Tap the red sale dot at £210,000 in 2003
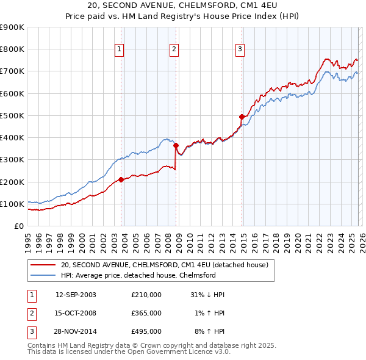point(121,179)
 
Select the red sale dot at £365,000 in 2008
point(176,146)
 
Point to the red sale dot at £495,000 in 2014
point(242,117)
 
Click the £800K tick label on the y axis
point(12,49)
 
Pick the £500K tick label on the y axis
point(12,115)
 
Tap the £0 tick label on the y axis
point(18,226)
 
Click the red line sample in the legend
point(43,265)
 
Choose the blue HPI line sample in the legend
point(43,276)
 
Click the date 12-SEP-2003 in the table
point(76,295)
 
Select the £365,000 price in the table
point(146,313)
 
